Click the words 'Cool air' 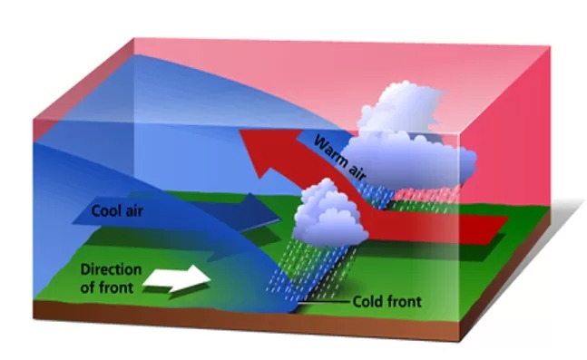[x=117, y=211]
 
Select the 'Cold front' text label [x=387, y=302]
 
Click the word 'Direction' [x=112, y=269]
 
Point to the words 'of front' [x=107, y=287]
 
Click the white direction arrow [x=177, y=278]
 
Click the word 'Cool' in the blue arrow [x=105, y=211]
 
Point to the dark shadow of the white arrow [x=187, y=290]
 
